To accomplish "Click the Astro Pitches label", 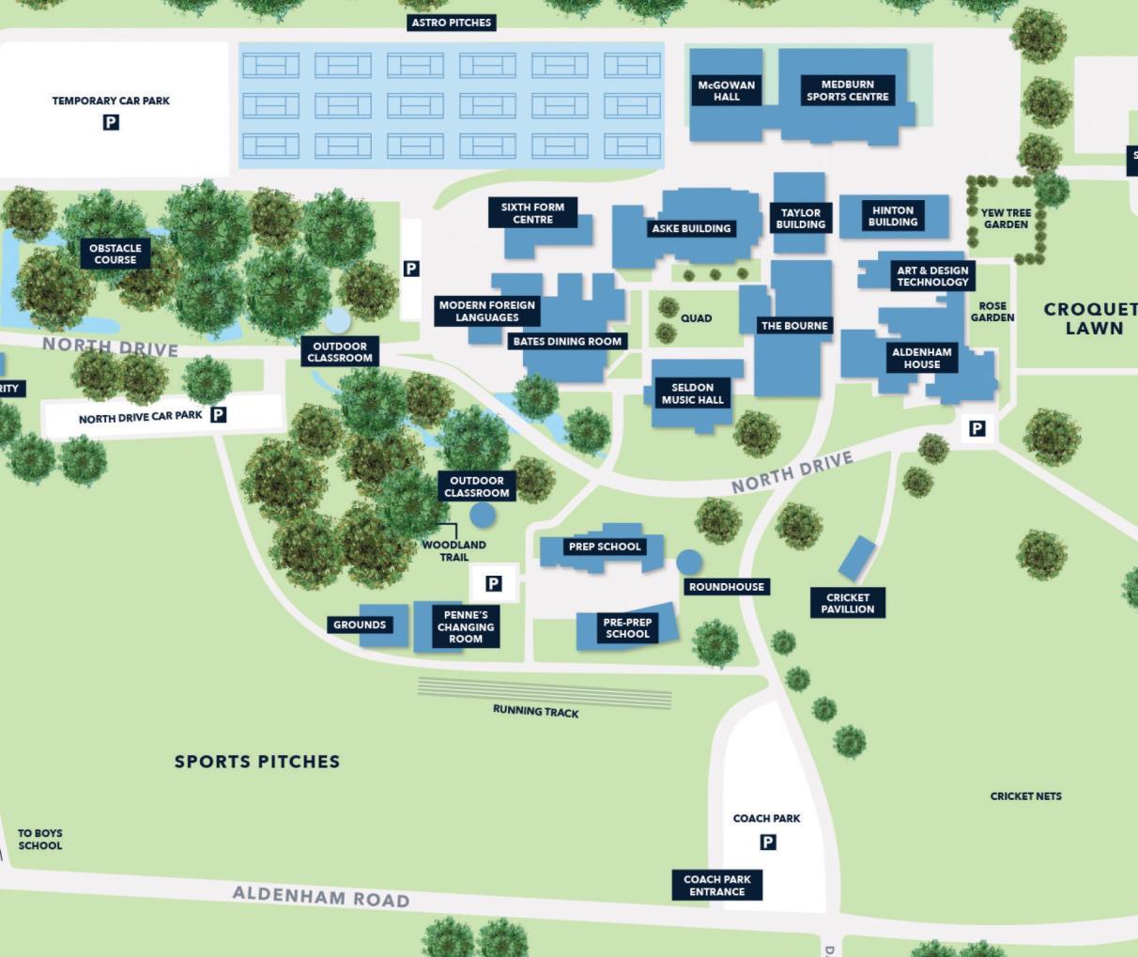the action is coord(452,23).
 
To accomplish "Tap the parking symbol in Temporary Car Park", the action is coord(111,122).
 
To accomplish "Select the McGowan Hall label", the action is coord(726,90).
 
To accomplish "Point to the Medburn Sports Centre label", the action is coord(847,90).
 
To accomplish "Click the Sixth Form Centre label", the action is coord(532,213).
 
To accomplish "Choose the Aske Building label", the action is coord(691,228).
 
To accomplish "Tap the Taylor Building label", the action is coord(801,218).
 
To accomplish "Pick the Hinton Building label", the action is coord(892,216).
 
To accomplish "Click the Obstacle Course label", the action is coord(115,254).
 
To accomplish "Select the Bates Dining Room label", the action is coord(567,342).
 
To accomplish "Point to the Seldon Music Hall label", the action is coord(693,394).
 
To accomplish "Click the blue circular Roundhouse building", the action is coord(689,563).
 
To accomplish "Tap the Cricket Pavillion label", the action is coord(848,603).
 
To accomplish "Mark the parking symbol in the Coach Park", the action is coord(768,842).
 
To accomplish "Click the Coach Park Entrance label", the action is coord(717,886).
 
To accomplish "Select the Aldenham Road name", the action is coord(321,897).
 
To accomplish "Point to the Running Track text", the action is coord(535,712).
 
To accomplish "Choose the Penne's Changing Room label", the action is coord(466,626).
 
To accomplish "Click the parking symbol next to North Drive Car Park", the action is coord(219,414).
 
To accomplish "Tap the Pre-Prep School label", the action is coord(627,628).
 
